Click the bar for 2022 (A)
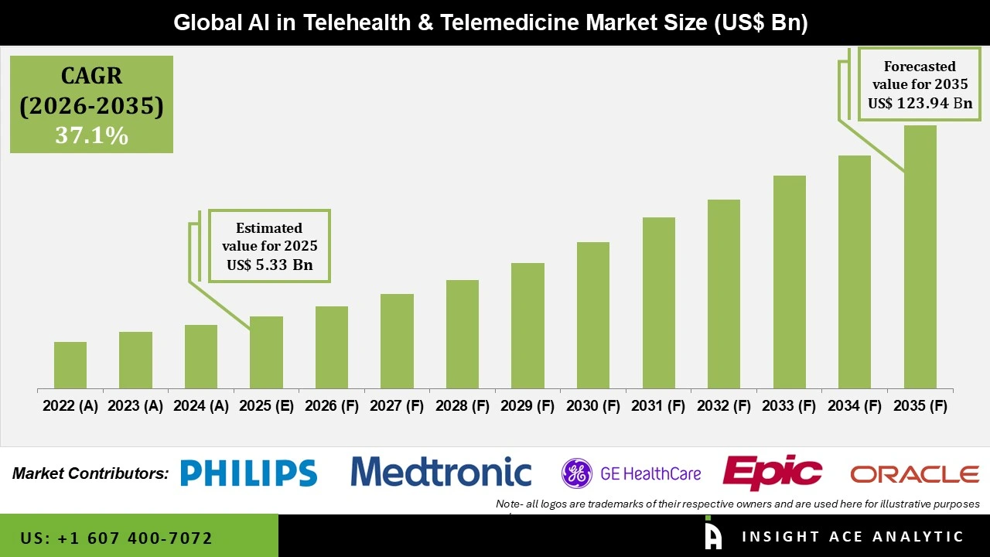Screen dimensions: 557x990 70,365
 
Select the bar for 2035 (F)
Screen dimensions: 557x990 920,257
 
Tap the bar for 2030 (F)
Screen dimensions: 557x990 593,315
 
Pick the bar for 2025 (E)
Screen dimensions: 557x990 266,352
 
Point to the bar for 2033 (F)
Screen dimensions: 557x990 789,282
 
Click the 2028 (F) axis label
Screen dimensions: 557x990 463,406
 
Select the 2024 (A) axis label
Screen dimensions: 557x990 200,406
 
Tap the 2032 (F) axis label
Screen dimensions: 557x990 724,406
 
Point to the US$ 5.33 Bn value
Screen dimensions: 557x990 269,265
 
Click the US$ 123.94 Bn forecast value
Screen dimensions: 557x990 920,103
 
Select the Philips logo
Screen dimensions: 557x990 248,473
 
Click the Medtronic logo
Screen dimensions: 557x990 441,472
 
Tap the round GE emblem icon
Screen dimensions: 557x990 576,473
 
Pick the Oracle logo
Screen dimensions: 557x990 914,473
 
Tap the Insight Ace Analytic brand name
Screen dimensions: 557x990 852,537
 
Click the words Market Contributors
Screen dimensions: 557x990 90,473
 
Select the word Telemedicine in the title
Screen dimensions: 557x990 519,22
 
